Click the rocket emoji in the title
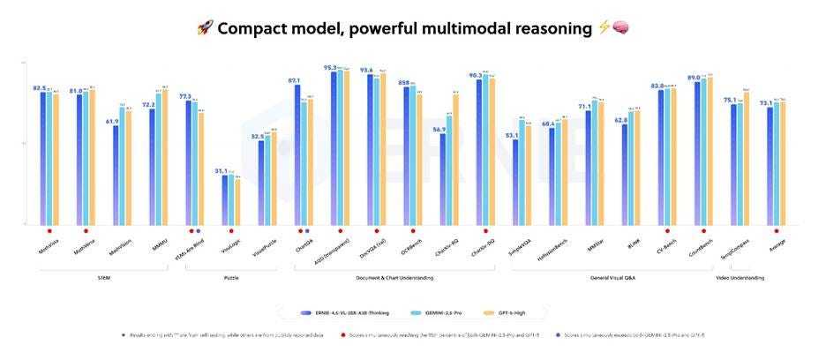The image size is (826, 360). (x=204, y=28)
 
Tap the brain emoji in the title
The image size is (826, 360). (x=620, y=28)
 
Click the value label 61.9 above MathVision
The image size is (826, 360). (x=112, y=121)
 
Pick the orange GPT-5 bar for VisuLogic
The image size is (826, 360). (x=237, y=202)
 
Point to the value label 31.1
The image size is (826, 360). (x=222, y=170)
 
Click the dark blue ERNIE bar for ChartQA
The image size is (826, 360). (x=297, y=154)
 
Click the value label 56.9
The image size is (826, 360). (x=439, y=129)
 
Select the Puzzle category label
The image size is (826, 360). (x=230, y=278)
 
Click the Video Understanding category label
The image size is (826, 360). (x=740, y=278)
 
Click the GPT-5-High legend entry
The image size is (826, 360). (x=514, y=312)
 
